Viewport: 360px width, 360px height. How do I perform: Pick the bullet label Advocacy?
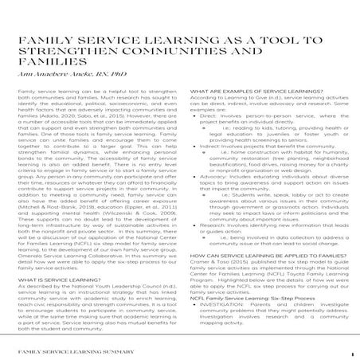point(209,180)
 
